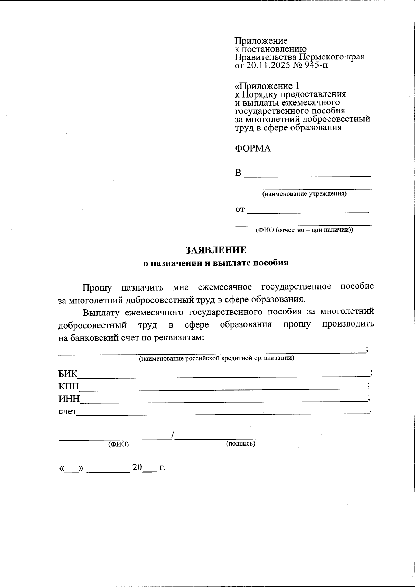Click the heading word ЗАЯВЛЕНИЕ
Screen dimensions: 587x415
pos(216,250)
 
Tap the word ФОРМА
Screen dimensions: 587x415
pos(253,148)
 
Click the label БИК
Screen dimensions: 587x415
pos(68,374)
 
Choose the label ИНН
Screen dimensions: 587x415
pos(69,399)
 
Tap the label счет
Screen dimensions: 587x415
pos(67,412)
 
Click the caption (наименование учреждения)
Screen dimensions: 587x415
pos(304,194)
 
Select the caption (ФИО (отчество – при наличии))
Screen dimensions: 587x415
pos(304,230)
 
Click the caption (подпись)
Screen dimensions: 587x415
pos(241,443)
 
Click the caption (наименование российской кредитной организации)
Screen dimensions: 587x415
pos(216,358)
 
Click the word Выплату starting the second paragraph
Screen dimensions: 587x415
pos(99,312)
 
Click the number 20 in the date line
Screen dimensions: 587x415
pos(137,468)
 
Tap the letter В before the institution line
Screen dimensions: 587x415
pos(238,173)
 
